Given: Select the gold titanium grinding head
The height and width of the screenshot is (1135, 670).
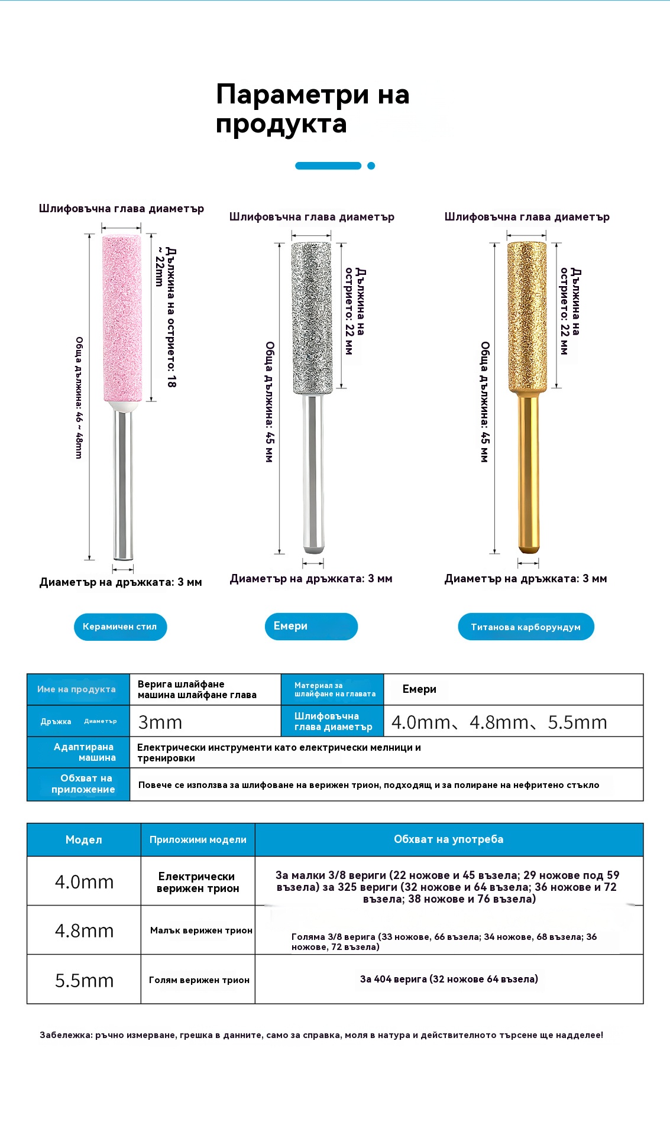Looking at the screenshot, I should (527, 316).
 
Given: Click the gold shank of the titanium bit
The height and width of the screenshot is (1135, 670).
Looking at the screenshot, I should (528, 473).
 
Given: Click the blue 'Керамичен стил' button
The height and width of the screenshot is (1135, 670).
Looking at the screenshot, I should (120, 627).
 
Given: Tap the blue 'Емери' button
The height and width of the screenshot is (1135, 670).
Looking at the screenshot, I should (311, 627).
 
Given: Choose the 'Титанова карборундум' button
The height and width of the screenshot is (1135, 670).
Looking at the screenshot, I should (526, 627).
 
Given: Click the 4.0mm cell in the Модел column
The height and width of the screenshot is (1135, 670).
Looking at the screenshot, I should (84, 881).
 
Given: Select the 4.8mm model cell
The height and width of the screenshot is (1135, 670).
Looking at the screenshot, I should (84, 930).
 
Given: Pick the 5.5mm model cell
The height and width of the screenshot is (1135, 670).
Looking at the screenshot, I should (84, 980).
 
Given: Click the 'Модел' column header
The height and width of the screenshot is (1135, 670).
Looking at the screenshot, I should (84, 839).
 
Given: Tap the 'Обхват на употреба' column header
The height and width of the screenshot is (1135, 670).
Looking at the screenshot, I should (449, 839).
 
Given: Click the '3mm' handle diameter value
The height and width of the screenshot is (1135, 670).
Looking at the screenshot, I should (160, 722).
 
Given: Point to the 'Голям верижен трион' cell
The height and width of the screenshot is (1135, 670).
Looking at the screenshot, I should (199, 980).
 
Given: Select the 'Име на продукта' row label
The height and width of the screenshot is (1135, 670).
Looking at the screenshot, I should (77, 689).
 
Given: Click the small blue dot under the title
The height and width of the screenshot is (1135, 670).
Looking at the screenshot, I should (371, 166).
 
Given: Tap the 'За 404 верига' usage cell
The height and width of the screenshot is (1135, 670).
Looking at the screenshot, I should (449, 979).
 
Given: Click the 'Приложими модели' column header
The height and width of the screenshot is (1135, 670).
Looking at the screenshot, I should (198, 839).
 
